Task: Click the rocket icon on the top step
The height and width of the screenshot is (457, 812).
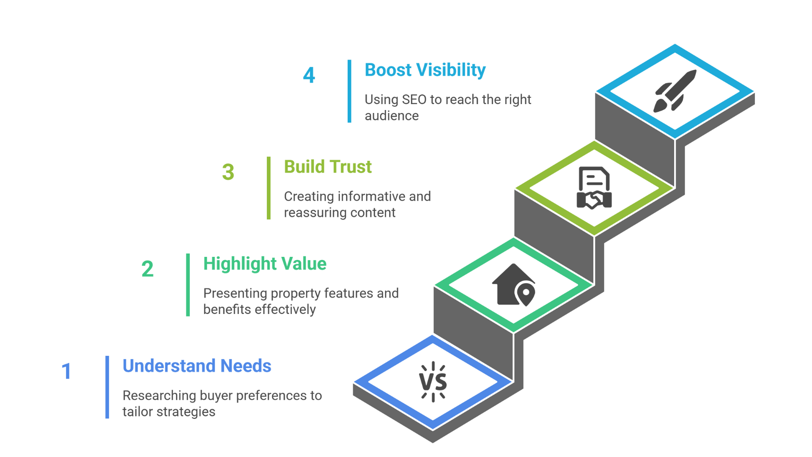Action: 675,91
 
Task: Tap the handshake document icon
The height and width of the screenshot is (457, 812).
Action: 594,188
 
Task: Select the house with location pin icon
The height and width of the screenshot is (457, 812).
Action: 514,285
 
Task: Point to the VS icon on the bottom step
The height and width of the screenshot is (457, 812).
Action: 433,382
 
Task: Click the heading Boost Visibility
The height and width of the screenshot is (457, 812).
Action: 425,70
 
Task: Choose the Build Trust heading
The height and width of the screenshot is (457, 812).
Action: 328,167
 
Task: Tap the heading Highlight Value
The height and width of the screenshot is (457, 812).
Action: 265,264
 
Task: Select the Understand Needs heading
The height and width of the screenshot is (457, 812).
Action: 197,366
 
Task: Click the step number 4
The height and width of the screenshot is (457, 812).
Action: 309,75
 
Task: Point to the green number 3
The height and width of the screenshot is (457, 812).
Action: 228,172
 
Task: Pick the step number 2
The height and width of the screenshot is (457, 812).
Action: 148,269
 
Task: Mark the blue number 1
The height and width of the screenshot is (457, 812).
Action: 66,371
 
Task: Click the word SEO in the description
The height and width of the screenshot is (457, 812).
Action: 414,99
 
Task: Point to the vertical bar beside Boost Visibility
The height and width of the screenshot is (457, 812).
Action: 349,91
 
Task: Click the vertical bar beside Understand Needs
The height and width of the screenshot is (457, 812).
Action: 107,387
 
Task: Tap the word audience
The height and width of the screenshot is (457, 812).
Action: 392,116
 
